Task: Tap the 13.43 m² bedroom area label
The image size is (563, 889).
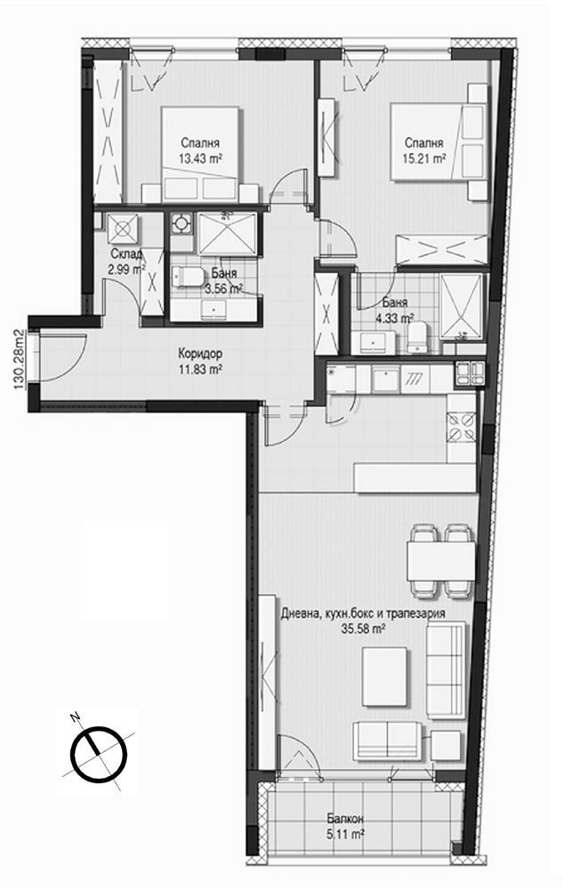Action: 200,159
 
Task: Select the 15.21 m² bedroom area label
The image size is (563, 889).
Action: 424,159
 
